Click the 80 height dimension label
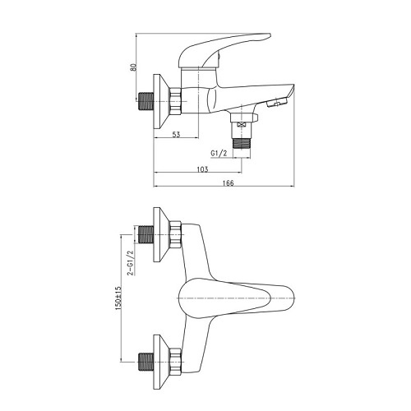pos(133,67)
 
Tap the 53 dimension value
pos(177,134)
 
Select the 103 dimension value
pos(202,169)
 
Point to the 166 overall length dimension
pos(229,182)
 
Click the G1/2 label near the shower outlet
pos(219,154)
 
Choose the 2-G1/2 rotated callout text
pos(132,263)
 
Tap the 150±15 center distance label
pos(118,298)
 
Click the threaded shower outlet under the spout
pos(242,143)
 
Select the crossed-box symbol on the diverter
pos(242,125)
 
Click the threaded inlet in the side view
pos(145,101)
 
